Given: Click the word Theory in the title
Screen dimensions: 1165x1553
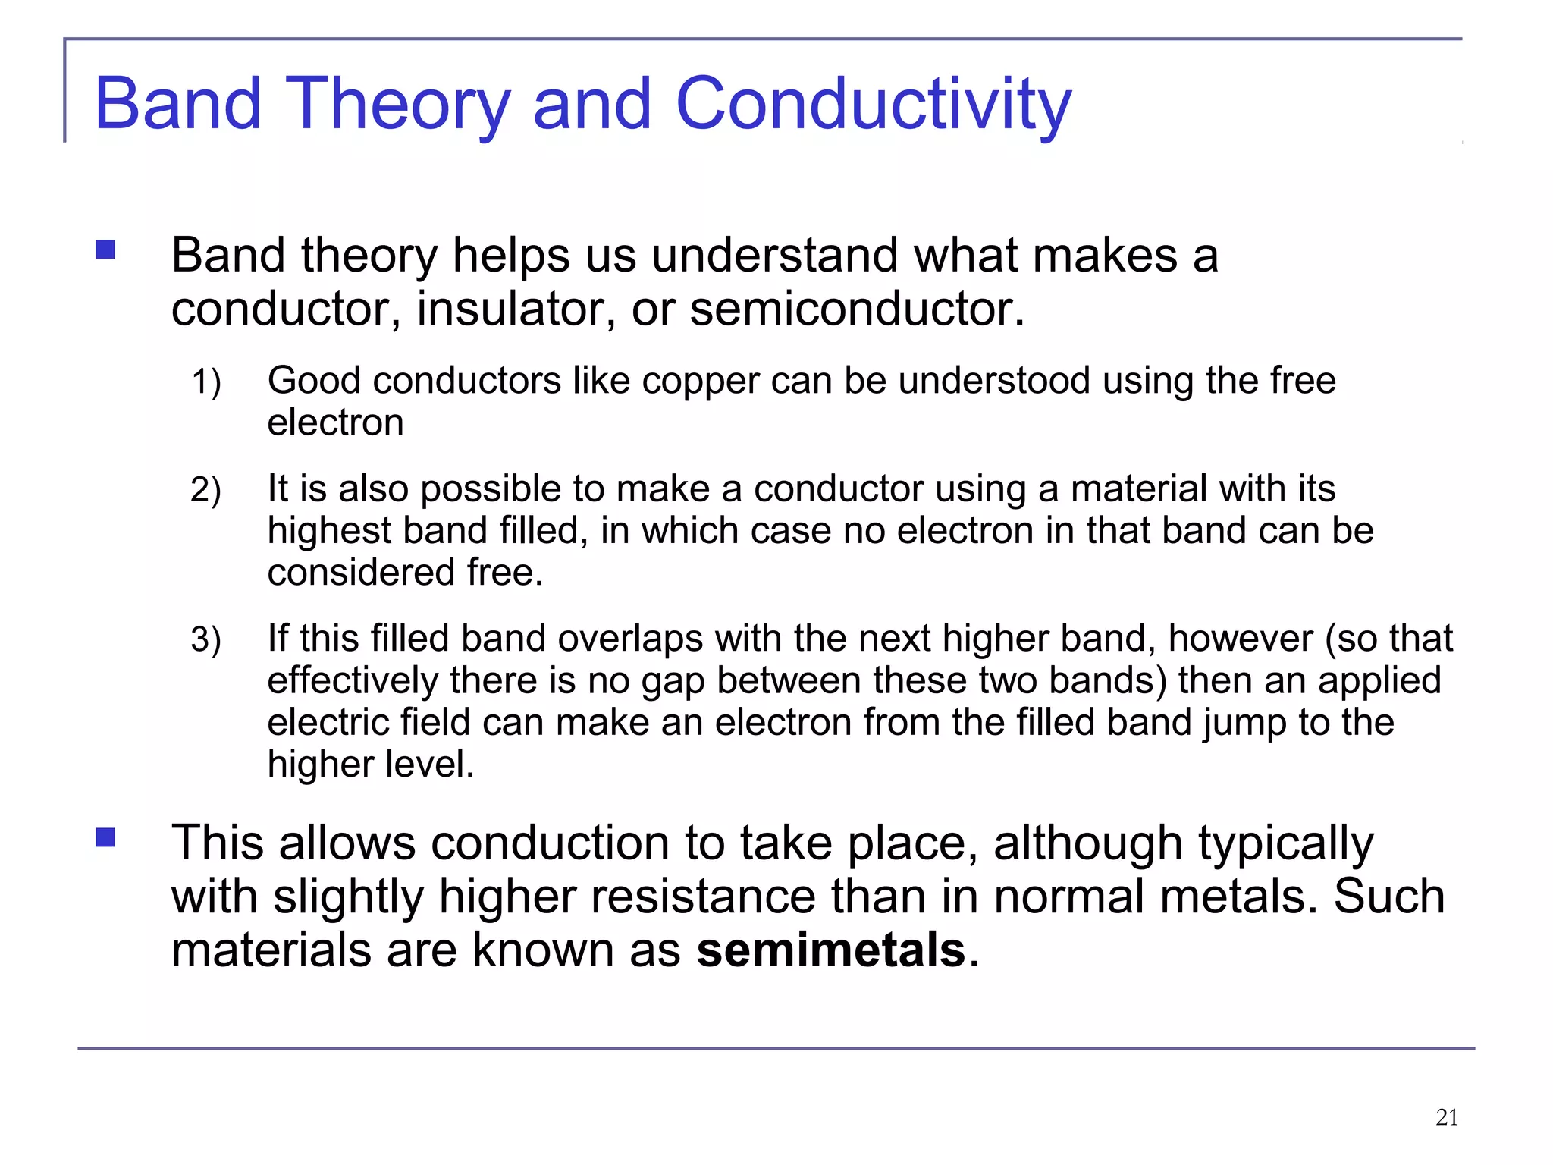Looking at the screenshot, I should pos(399,104).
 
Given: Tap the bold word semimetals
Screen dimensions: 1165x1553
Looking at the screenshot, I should pos(830,950).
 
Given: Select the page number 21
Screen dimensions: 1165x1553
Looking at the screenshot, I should pos(1447,1117).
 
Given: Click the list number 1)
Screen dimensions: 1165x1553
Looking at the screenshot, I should pos(205,382).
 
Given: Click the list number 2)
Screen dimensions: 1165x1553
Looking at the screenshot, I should pos(205,490).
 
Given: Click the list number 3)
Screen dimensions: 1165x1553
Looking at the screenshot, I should pos(205,639).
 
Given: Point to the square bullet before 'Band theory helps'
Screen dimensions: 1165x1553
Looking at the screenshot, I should pos(105,250).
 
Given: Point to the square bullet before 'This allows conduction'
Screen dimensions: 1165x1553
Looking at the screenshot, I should pos(105,837).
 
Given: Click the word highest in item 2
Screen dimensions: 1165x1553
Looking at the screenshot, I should pos(328,531).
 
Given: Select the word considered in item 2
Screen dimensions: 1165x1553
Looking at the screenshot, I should pos(360,573).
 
